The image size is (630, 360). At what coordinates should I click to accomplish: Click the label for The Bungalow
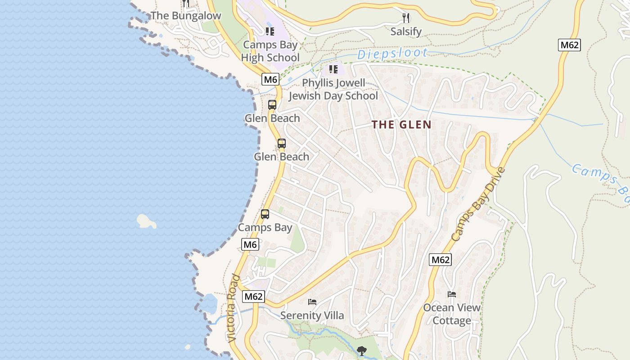186,16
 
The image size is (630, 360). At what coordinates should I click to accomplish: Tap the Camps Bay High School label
270,51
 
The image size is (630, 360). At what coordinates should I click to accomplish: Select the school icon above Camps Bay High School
270,31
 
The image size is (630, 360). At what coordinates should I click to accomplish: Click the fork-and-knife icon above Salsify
406,18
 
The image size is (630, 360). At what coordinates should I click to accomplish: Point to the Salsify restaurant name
406,31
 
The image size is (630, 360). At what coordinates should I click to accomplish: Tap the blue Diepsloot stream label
392,54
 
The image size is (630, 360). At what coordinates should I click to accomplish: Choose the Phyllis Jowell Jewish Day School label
333,90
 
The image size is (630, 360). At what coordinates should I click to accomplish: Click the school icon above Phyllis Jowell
333,69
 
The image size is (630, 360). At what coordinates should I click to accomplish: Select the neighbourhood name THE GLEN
401,125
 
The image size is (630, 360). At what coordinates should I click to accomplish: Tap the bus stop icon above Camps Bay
265,214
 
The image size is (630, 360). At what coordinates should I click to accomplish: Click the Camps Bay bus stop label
265,228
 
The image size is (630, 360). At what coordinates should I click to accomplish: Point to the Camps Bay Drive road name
478,204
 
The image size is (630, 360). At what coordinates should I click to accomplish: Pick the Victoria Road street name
232,308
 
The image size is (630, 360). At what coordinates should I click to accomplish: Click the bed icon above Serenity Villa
312,301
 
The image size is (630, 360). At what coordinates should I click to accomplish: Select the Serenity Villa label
312,315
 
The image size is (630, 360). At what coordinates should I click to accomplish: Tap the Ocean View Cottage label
452,314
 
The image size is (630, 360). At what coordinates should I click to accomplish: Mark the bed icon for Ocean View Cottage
452,294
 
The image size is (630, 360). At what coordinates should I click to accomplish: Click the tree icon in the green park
361,351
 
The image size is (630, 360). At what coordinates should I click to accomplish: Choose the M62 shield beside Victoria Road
254,297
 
